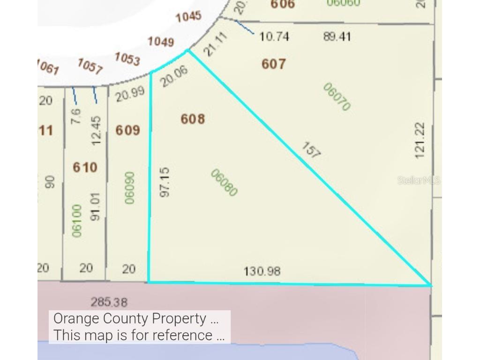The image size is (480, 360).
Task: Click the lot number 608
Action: click(193, 119)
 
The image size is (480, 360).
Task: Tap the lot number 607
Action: click(274, 64)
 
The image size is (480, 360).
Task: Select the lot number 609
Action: click(127, 130)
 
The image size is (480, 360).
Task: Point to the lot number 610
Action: click(85, 167)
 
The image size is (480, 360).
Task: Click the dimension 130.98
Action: click(262, 271)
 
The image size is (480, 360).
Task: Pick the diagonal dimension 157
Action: click(310, 151)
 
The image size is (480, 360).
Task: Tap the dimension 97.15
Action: click(164, 182)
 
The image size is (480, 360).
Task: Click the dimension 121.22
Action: click(420, 139)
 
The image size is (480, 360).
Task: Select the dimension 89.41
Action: click(337, 37)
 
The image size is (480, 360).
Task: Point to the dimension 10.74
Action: click(274, 37)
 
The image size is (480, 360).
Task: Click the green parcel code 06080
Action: click(224, 183)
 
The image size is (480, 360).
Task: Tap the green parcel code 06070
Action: click(337, 97)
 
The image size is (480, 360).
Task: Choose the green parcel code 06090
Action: click(130, 187)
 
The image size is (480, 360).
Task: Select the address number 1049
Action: click(161, 42)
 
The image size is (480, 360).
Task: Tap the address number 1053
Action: click(127, 59)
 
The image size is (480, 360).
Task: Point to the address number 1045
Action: click(188, 17)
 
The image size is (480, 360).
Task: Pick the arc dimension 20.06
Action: click(174, 75)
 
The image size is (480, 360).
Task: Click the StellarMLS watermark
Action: click(419, 180)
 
